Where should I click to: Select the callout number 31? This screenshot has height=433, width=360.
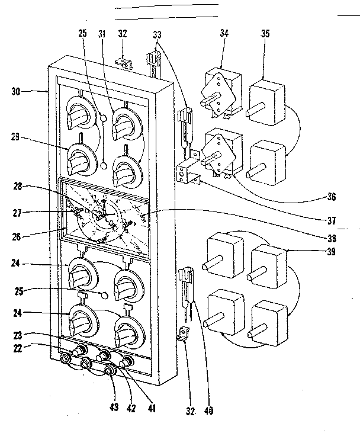click(x=102, y=35)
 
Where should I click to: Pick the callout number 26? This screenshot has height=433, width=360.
click(x=18, y=235)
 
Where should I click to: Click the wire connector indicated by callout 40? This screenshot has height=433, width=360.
click(x=187, y=284)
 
